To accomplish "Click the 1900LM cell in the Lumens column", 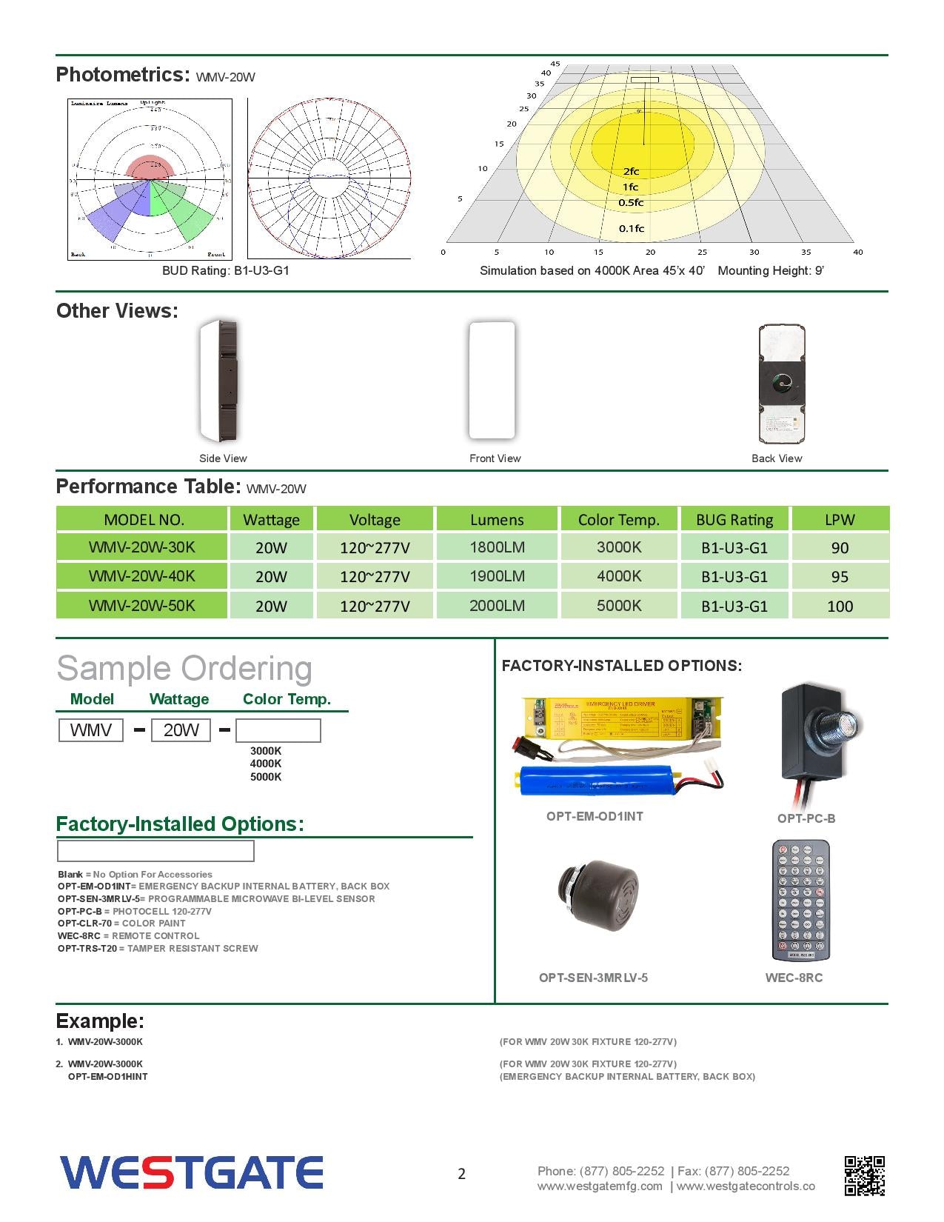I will coord(497,576).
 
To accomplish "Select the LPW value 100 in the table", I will coord(840,606).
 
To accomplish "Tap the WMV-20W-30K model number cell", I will coord(142,547).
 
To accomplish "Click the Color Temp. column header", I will coord(618,519).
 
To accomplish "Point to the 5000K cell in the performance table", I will coord(619,606).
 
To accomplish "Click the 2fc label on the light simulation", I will coord(631,171).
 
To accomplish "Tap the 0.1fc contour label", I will coord(632,228).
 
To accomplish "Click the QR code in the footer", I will coord(864,1175).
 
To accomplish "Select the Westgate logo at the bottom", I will coord(192,1172).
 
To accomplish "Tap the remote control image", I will coord(800,901).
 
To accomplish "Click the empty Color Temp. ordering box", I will coord(278,730).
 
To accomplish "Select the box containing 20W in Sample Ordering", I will coord(181,730).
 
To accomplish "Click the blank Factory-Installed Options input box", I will coord(155,851).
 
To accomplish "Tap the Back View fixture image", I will coord(781,383).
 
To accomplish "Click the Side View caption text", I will coord(223,458).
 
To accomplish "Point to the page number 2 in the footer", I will coord(462,1174).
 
